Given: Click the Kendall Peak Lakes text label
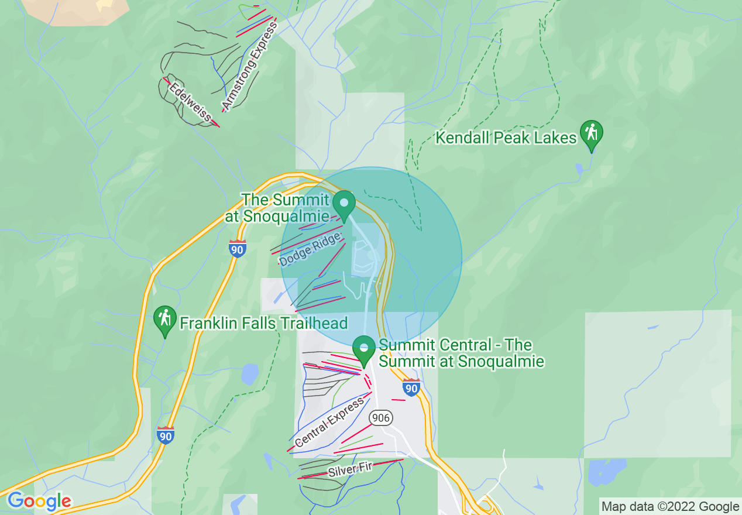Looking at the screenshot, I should (x=506, y=138).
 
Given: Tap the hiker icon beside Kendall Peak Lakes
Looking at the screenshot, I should (x=592, y=134).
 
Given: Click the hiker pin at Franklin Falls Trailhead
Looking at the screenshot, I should (x=165, y=320).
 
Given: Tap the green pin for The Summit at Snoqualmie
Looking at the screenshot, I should (x=344, y=204).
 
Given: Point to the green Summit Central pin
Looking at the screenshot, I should (x=364, y=349).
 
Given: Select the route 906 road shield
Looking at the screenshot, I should (x=380, y=418).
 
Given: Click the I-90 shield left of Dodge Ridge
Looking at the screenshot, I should (x=237, y=248).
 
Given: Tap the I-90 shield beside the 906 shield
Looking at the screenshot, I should (x=411, y=387).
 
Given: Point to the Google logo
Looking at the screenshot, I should (x=39, y=501).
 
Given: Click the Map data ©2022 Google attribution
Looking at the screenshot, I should (x=670, y=506).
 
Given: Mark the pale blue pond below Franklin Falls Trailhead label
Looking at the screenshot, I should (x=250, y=374).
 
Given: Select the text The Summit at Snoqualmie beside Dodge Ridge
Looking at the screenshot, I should (x=277, y=208).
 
